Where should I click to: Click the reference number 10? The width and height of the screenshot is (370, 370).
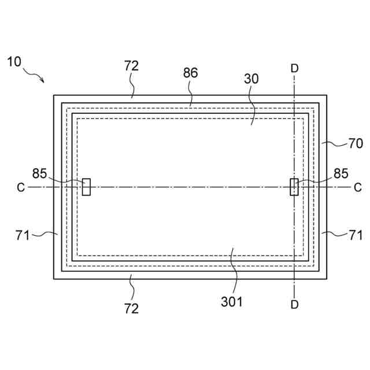click(14, 61)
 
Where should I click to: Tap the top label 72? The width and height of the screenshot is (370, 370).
click(131, 66)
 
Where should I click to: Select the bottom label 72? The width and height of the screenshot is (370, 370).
click(131, 308)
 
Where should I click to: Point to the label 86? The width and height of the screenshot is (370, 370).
click(190, 73)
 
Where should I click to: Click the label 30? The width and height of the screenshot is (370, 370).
click(251, 80)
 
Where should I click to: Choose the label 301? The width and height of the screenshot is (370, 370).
click(231, 301)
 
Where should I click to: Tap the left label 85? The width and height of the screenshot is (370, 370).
click(39, 173)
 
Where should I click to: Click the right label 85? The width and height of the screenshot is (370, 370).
click(341, 173)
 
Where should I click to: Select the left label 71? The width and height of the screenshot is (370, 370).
click(22, 235)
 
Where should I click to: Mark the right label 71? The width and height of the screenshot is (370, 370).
click(356, 235)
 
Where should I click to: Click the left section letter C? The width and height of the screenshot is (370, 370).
click(21, 187)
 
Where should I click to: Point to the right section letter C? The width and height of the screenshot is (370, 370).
click(357, 187)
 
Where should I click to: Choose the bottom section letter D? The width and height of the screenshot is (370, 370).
click(294, 305)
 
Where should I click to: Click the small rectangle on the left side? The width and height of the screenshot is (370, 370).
click(86, 187)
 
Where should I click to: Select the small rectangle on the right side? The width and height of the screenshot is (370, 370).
click(294, 187)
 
